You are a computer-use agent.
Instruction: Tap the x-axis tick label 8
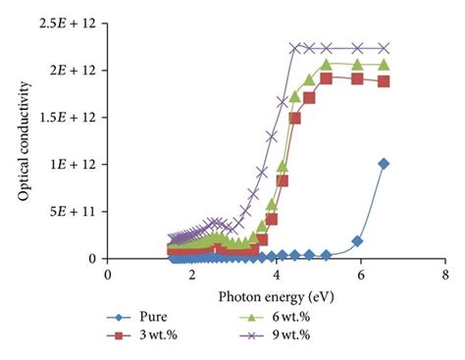(x=445, y=276)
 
